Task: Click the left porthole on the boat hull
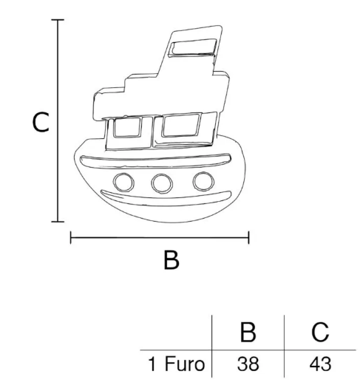123,182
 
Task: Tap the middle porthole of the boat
162,183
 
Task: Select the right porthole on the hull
203,181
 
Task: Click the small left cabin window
127,127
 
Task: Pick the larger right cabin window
181,125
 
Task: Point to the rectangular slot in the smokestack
192,47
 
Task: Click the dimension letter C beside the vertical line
41,122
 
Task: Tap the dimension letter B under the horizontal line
171,260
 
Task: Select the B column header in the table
248,333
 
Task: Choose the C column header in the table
320,333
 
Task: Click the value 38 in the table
248,364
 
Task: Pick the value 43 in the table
320,364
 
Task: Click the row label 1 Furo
177,364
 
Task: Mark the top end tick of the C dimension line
58,19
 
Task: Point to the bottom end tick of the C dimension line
58,222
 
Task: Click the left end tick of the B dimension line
71,237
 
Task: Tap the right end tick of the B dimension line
248,237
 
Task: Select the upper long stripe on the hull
156,162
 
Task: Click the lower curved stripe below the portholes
166,199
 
